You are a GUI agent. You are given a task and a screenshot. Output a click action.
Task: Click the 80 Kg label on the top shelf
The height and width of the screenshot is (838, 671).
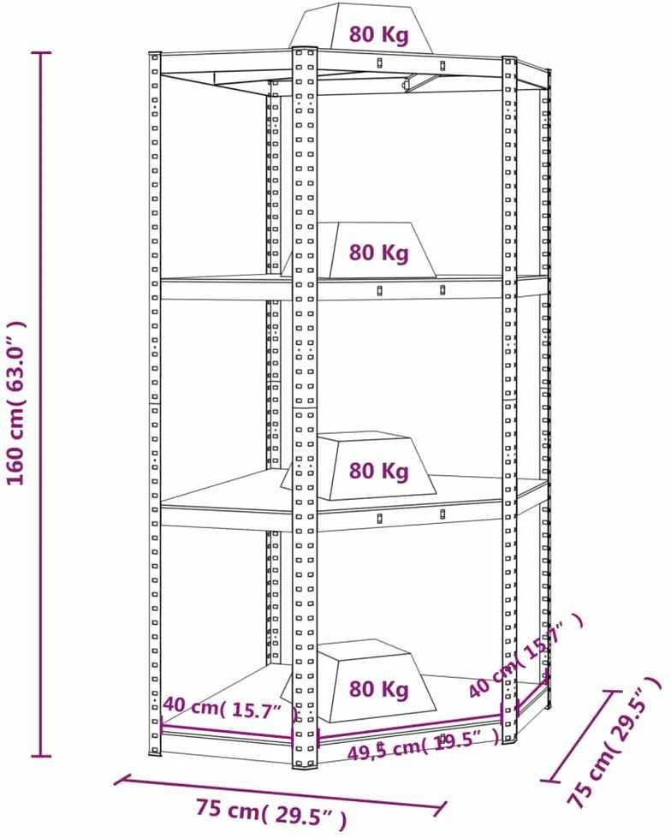pos(379,34)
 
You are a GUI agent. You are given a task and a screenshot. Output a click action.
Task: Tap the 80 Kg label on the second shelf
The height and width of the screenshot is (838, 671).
pos(379,252)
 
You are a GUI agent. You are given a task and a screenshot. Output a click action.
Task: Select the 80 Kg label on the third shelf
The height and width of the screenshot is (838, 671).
pos(379,471)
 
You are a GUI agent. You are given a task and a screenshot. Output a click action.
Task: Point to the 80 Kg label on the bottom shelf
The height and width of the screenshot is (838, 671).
pos(379,688)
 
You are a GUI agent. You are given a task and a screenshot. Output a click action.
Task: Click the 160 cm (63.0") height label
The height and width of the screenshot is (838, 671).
pos(16,402)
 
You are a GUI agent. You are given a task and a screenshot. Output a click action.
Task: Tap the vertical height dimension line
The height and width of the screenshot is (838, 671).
pos(41,405)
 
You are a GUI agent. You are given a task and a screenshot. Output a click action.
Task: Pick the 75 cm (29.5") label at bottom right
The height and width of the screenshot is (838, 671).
pos(614,743)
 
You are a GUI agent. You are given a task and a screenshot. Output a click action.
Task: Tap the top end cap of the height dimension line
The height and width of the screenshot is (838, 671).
pos(41,52)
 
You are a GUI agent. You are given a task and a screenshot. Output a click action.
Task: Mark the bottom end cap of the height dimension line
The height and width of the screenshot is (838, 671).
pos(41,756)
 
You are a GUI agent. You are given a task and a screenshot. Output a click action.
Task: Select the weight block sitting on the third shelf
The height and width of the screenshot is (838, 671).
pos(359,466)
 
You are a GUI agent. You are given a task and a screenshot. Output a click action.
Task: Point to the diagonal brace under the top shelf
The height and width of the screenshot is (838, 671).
pos(425,81)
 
